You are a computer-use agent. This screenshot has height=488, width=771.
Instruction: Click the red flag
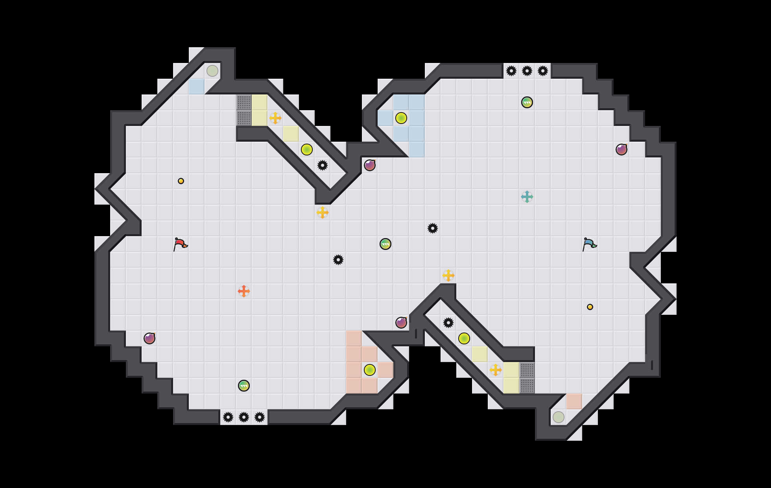[180, 244]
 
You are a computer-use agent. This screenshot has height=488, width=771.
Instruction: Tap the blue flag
[589, 244]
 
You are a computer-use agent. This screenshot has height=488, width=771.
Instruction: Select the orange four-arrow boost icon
[244, 291]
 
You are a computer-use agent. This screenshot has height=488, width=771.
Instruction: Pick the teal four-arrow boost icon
[527, 197]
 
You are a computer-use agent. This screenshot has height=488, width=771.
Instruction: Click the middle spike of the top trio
[527, 71]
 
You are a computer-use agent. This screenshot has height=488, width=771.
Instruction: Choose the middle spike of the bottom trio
[244, 417]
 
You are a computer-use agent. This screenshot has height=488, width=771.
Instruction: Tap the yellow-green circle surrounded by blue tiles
[401, 118]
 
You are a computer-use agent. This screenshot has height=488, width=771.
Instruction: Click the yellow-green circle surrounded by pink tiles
[370, 370]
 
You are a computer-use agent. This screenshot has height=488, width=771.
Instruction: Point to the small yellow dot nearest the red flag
[181, 181]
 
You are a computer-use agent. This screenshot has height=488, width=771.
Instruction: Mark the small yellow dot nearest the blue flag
[590, 307]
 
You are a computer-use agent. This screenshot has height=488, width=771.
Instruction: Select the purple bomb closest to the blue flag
[622, 150]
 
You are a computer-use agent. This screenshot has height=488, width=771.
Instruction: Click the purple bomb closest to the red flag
[149, 338]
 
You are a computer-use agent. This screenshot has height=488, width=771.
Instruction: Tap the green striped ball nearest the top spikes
[527, 102]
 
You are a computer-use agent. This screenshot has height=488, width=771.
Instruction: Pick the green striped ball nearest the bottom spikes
[244, 386]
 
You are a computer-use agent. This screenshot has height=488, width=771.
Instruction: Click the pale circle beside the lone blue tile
[212, 71]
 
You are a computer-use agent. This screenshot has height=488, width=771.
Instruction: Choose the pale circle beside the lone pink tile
[559, 417]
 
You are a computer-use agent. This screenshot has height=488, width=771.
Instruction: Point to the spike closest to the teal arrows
[433, 228]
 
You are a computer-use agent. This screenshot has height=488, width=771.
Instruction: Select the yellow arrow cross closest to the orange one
[323, 213]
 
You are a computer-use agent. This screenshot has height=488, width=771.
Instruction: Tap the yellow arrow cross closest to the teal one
[448, 275]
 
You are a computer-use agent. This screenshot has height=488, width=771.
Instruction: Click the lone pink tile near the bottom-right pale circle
[574, 401]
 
